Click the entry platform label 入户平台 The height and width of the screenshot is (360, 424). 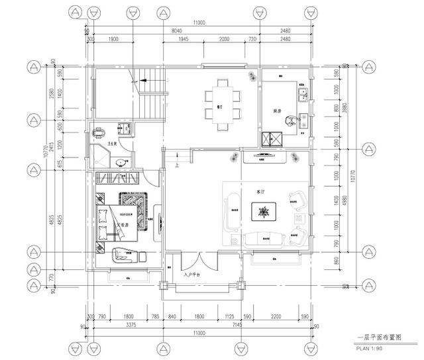pos(192,273)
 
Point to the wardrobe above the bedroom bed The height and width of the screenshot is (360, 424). pos(117,179)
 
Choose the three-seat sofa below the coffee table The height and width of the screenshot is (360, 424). pos(266,240)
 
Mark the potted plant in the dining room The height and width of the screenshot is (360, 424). pos(252,75)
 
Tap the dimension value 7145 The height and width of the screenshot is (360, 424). pos(235,325)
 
